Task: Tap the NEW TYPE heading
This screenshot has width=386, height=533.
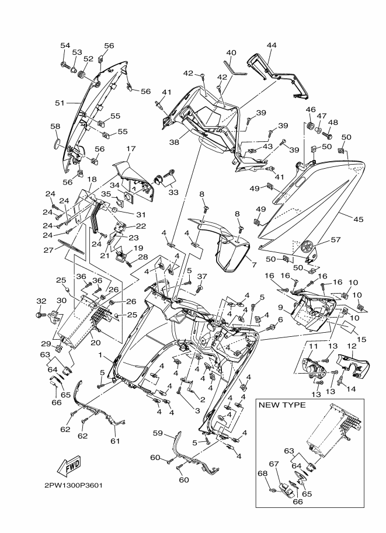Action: (x=281, y=405)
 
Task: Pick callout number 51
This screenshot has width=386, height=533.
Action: (x=59, y=103)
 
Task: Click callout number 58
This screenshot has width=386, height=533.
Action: (x=55, y=126)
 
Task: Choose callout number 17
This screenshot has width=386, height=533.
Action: (x=130, y=148)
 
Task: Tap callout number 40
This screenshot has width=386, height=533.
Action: (x=231, y=53)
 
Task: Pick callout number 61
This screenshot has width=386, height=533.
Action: (x=115, y=441)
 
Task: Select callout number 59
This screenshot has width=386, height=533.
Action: (x=157, y=433)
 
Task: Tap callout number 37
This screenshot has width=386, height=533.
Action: (x=201, y=276)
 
